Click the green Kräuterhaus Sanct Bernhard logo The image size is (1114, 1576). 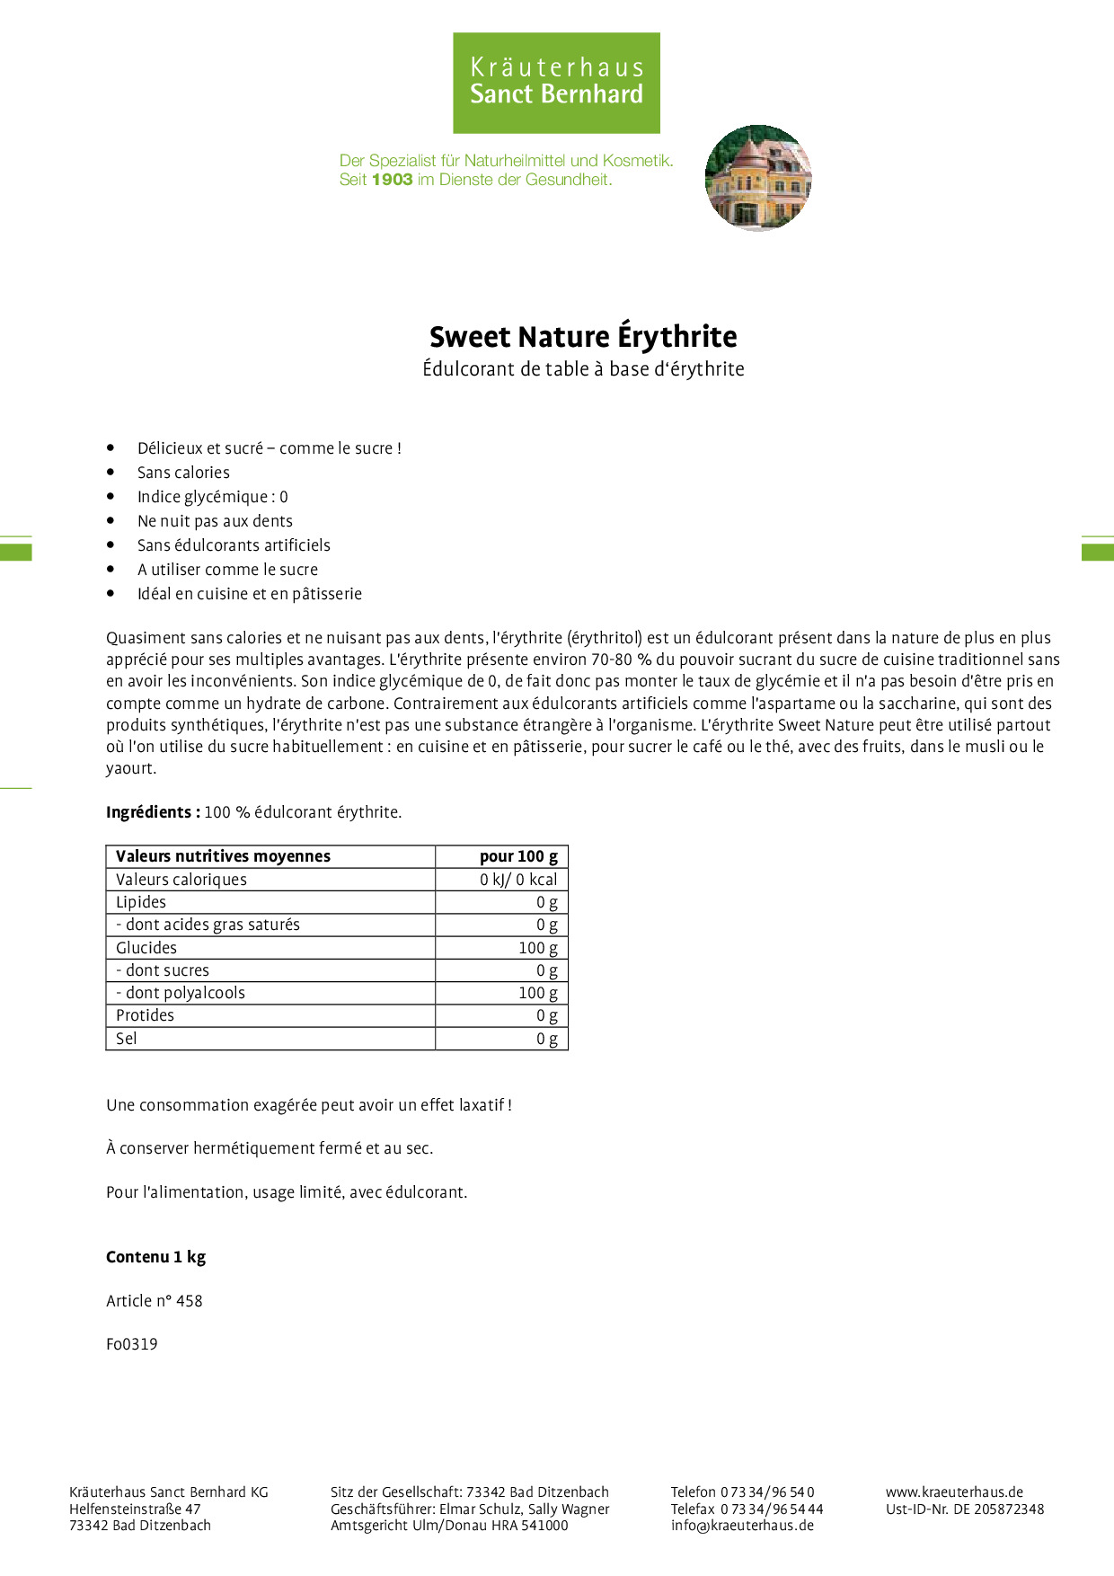click(x=556, y=83)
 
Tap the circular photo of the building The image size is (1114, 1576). click(x=758, y=177)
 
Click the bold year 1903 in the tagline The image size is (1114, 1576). click(x=392, y=180)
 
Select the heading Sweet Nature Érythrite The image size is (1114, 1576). click(x=583, y=337)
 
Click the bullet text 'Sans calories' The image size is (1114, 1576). click(x=183, y=473)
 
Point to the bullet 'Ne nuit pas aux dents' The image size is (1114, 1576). click(x=215, y=521)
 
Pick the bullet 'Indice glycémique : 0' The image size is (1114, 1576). click(x=212, y=497)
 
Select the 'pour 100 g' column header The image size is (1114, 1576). click(x=518, y=856)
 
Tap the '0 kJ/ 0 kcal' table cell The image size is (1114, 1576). click(x=518, y=880)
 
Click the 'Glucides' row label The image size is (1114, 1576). click(x=146, y=948)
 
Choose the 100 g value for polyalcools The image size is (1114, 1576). click(x=537, y=993)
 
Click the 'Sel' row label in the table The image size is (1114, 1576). click(x=127, y=1039)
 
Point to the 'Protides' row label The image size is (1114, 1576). click(x=145, y=1015)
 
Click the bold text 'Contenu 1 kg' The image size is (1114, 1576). click(x=155, y=1257)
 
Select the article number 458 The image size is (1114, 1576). click(x=189, y=1301)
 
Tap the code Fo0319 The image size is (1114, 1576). click(x=132, y=1344)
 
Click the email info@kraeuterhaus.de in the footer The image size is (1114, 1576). click(x=742, y=1525)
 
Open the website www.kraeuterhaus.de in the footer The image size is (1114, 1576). click(x=954, y=1492)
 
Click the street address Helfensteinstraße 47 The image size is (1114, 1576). click(x=135, y=1509)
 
